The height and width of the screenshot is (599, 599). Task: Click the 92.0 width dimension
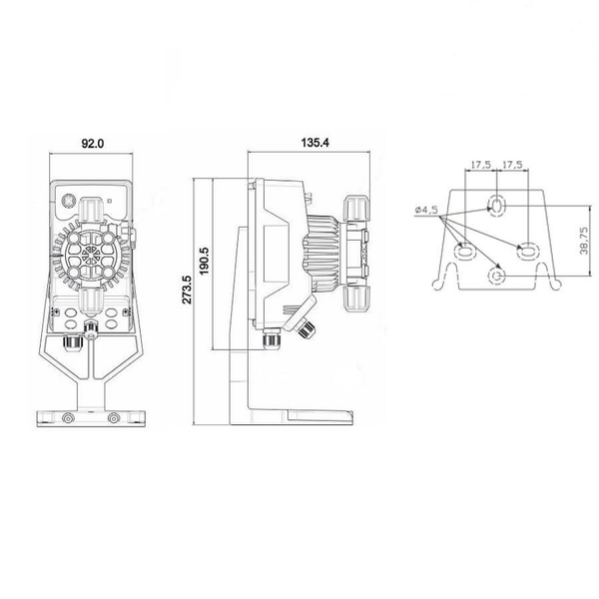tap(93, 144)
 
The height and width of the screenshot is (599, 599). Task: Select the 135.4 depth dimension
tap(314, 143)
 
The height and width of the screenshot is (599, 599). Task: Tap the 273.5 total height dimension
tap(187, 290)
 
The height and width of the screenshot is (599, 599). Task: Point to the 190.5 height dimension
tap(204, 261)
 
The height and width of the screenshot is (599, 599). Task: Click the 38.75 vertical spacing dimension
tap(583, 241)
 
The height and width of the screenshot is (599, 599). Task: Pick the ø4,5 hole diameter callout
tap(426, 210)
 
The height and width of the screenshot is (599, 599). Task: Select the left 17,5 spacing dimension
tap(480, 165)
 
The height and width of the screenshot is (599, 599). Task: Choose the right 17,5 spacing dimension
tap(512, 165)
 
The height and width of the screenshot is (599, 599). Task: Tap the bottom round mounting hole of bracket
tap(497, 276)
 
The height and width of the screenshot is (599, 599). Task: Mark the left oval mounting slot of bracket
tap(464, 252)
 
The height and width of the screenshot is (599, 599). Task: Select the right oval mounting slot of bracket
tap(528, 252)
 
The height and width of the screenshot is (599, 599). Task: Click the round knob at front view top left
tap(70, 201)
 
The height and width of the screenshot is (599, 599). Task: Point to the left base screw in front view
tap(68, 418)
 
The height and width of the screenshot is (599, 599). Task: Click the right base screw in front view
tap(113, 418)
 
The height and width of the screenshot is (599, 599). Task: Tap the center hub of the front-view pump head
tap(91, 254)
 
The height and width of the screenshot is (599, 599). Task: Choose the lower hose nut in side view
tap(356, 299)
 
